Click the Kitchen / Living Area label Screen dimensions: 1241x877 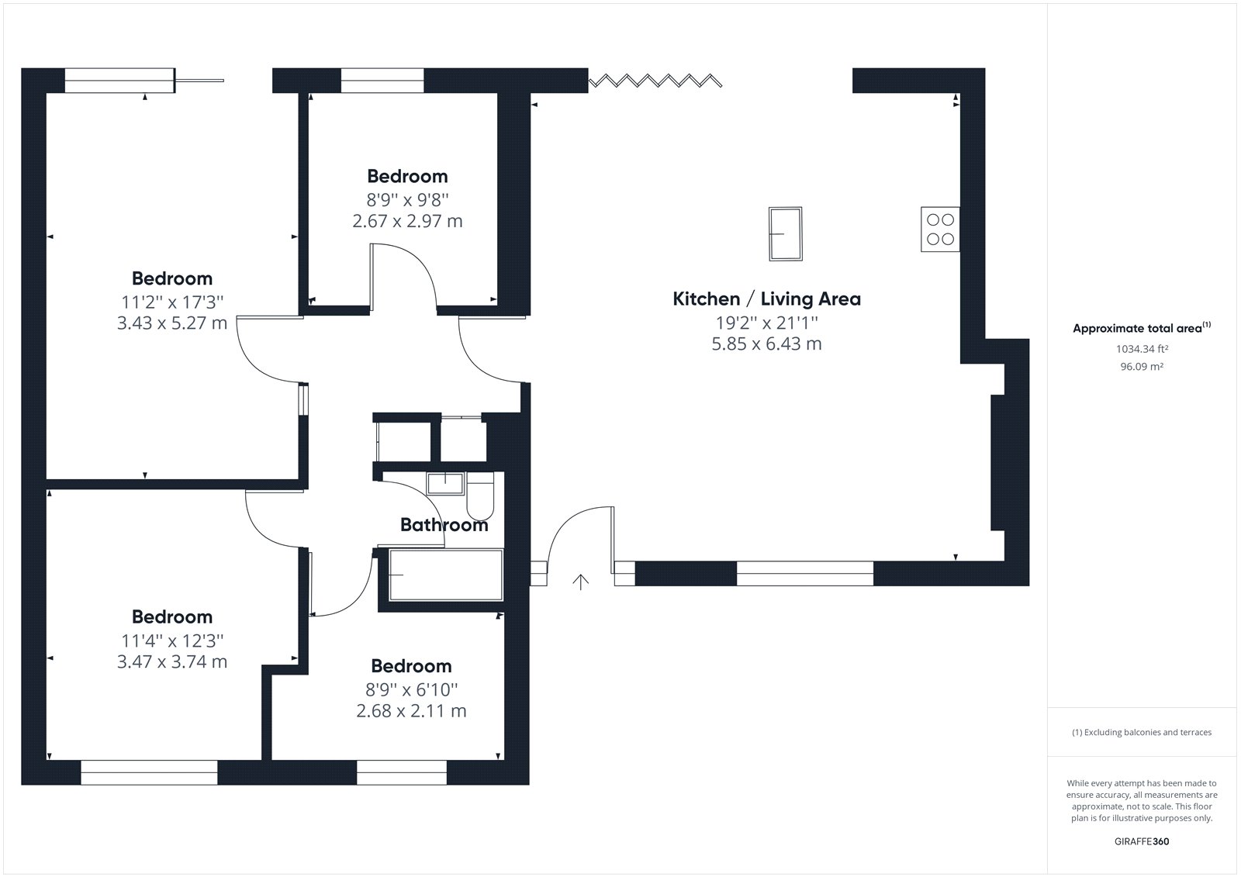[767, 299]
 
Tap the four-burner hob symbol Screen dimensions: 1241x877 [940, 230]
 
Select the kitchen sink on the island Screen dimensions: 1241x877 [786, 234]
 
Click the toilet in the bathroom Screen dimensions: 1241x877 [480, 495]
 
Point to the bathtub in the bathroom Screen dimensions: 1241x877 [446, 575]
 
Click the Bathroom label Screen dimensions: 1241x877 [444, 525]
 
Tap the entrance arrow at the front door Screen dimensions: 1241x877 [581, 582]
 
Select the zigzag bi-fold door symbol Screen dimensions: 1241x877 [655, 81]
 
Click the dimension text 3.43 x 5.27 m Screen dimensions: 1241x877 [172, 323]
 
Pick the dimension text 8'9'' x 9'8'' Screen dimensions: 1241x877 [407, 199]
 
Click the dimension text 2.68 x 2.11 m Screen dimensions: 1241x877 [411, 711]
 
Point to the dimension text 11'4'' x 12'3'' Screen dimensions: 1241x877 [172, 641]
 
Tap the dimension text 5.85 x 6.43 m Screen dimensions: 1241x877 [767, 344]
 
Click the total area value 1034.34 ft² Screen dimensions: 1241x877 [1142, 349]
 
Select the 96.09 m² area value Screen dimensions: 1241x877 [1142, 366]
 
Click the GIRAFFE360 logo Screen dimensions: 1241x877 [1142, 841]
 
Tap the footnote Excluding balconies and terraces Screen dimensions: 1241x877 [1147, 733]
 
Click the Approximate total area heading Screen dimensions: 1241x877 [1142, 328]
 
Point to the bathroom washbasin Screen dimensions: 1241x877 [445, 483]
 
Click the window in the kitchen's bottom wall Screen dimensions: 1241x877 [805, 573]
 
